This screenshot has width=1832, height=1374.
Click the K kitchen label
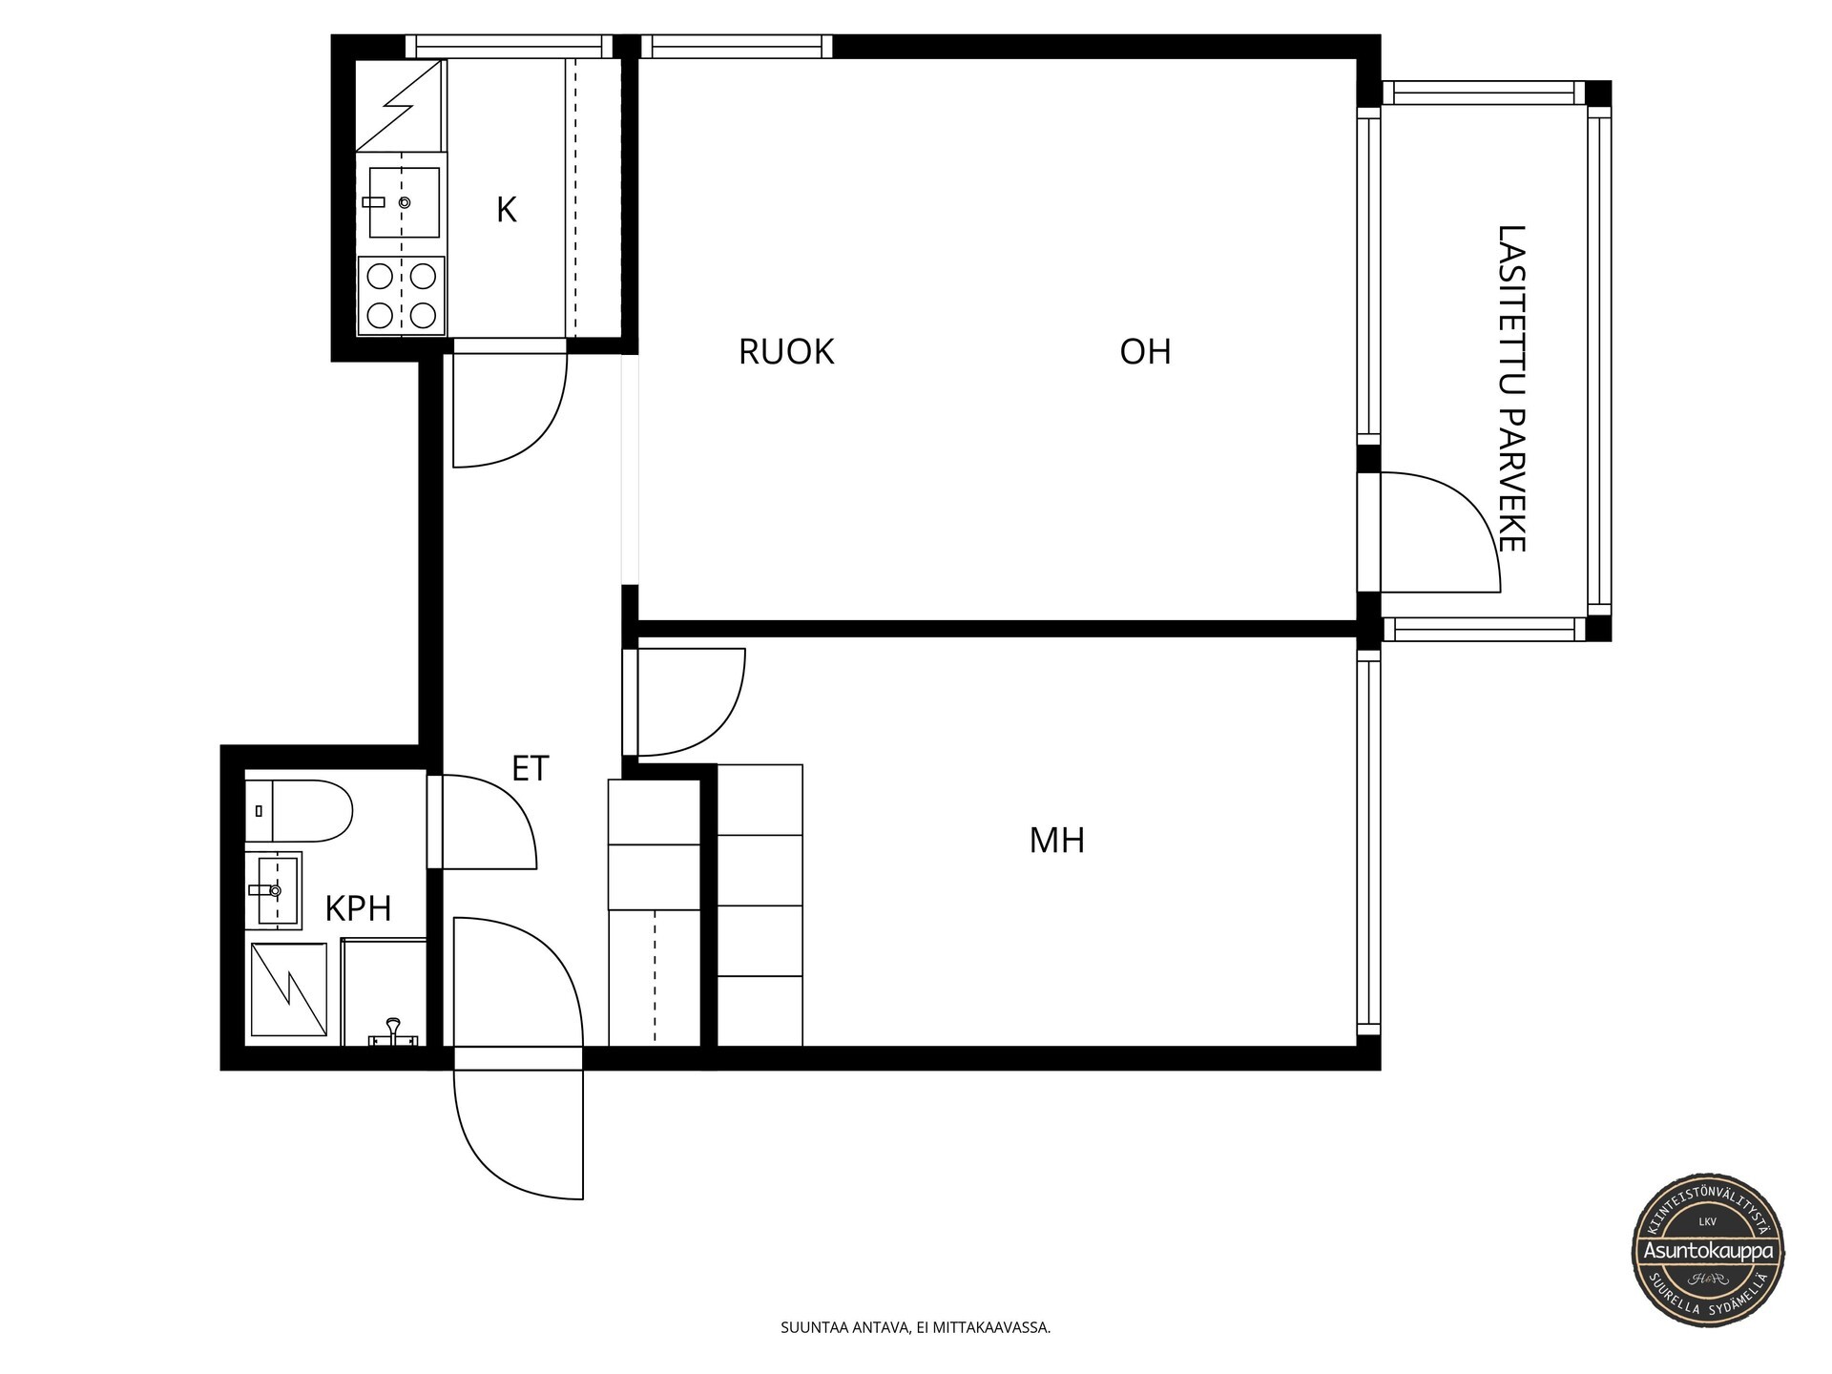coord(506,210)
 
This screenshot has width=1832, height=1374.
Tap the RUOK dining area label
coord(786,352)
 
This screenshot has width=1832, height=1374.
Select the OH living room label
coord(1145,352)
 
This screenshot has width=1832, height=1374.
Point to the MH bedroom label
coord(1057,841)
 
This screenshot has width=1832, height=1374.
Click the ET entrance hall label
coord(531,768)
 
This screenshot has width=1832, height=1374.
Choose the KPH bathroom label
coord(359,909)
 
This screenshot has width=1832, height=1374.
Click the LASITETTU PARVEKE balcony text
coord(1512,388)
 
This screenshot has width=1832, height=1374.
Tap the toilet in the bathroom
coord(299,811)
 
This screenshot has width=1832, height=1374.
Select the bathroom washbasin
coord(274,890)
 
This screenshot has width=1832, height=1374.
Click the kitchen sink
coord(404,202)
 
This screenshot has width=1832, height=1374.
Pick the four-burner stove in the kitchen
coord(402,296)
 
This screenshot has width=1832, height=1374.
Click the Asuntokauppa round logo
coord(1709,1250)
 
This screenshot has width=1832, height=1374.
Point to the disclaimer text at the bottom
coord(916,1327)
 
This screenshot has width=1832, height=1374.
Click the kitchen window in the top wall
coord(510,47)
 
